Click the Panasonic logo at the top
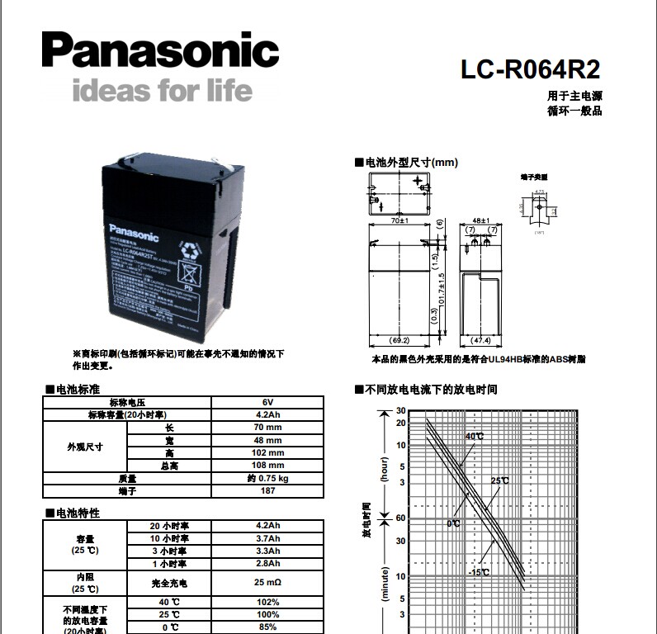tap(159, 51)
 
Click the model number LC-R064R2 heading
tap(530, 69)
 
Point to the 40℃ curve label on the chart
tap(475, 436)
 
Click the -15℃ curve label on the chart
tap(479, 572)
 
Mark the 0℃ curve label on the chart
tap(454, 523)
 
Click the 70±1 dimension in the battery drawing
tap(400, 221)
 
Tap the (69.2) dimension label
tap(399, 339)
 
